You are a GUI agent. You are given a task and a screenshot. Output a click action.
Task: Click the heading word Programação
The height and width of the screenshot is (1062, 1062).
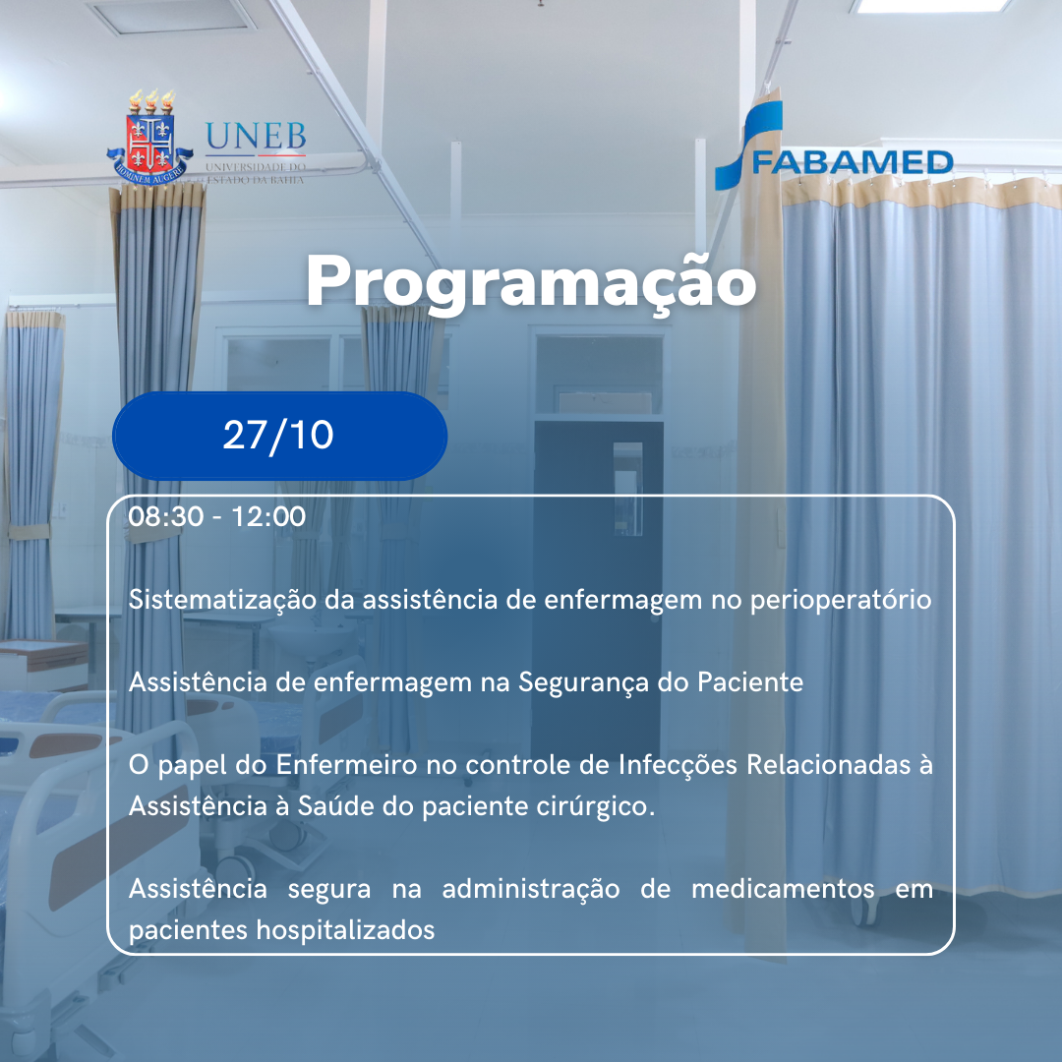pos(531,283)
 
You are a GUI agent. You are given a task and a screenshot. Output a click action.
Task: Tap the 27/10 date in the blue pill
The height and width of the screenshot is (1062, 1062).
pos(278,435)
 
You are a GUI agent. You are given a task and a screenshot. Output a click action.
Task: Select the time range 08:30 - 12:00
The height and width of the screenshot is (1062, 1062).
pos(216,516)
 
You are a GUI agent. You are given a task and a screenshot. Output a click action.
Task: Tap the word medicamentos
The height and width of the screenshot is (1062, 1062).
pos(783,889)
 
